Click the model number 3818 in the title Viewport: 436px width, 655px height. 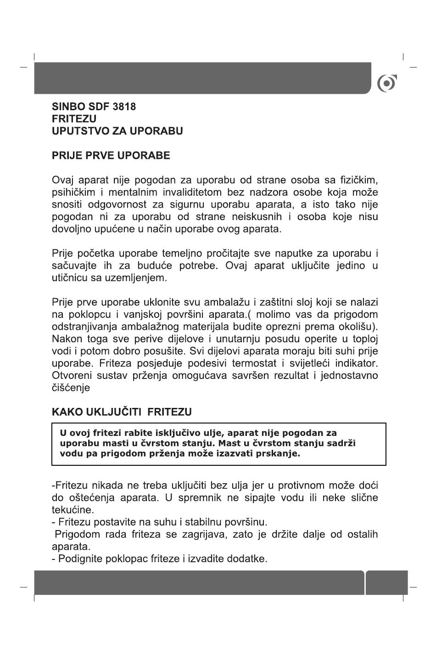(x=124, y=107)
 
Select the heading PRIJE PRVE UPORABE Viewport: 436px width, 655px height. (x=111, y=156)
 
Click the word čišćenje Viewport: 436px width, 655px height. (x=71, y=388)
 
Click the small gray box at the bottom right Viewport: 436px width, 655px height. (x=386, y=582)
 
